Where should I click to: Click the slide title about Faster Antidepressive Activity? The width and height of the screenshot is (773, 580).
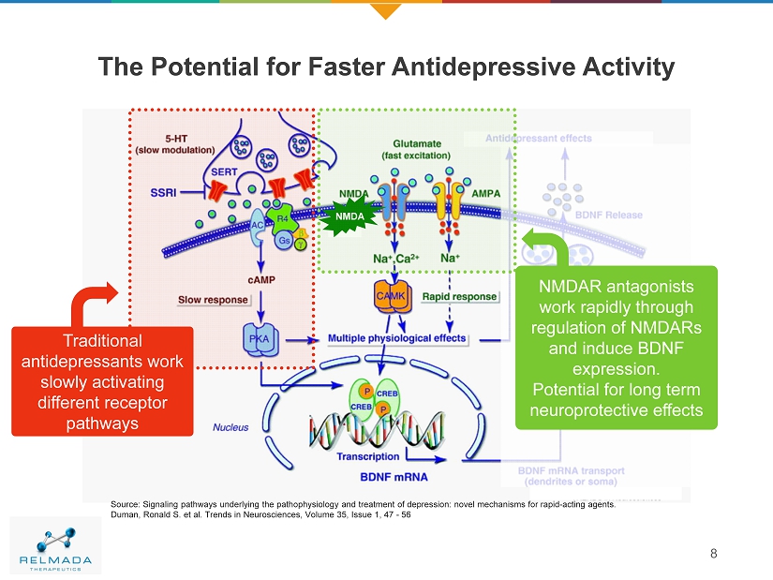coord(386,67)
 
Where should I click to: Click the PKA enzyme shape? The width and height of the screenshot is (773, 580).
coord(259,338)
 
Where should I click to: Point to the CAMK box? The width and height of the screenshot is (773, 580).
coord(390,295)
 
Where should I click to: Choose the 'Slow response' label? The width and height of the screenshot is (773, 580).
coord(214,300)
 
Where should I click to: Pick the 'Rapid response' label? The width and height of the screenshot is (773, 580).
coord(459,296)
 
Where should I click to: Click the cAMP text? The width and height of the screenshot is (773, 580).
coord(261,278)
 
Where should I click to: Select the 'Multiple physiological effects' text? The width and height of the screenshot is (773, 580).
coord(396,338)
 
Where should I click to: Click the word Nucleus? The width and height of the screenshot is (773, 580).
coord(230,427)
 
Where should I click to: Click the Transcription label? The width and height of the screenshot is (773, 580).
coord(367,457)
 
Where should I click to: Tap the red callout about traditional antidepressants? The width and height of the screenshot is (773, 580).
coord(102,381)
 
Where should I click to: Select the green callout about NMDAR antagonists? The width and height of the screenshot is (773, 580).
coord(617,347)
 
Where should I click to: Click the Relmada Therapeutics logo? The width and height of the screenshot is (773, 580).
coord(56,546)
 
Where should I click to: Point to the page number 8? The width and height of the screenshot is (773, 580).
coord(714,552)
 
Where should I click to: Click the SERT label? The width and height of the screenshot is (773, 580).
coord(223,172)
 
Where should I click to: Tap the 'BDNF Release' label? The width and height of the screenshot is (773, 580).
coord(609,215)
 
